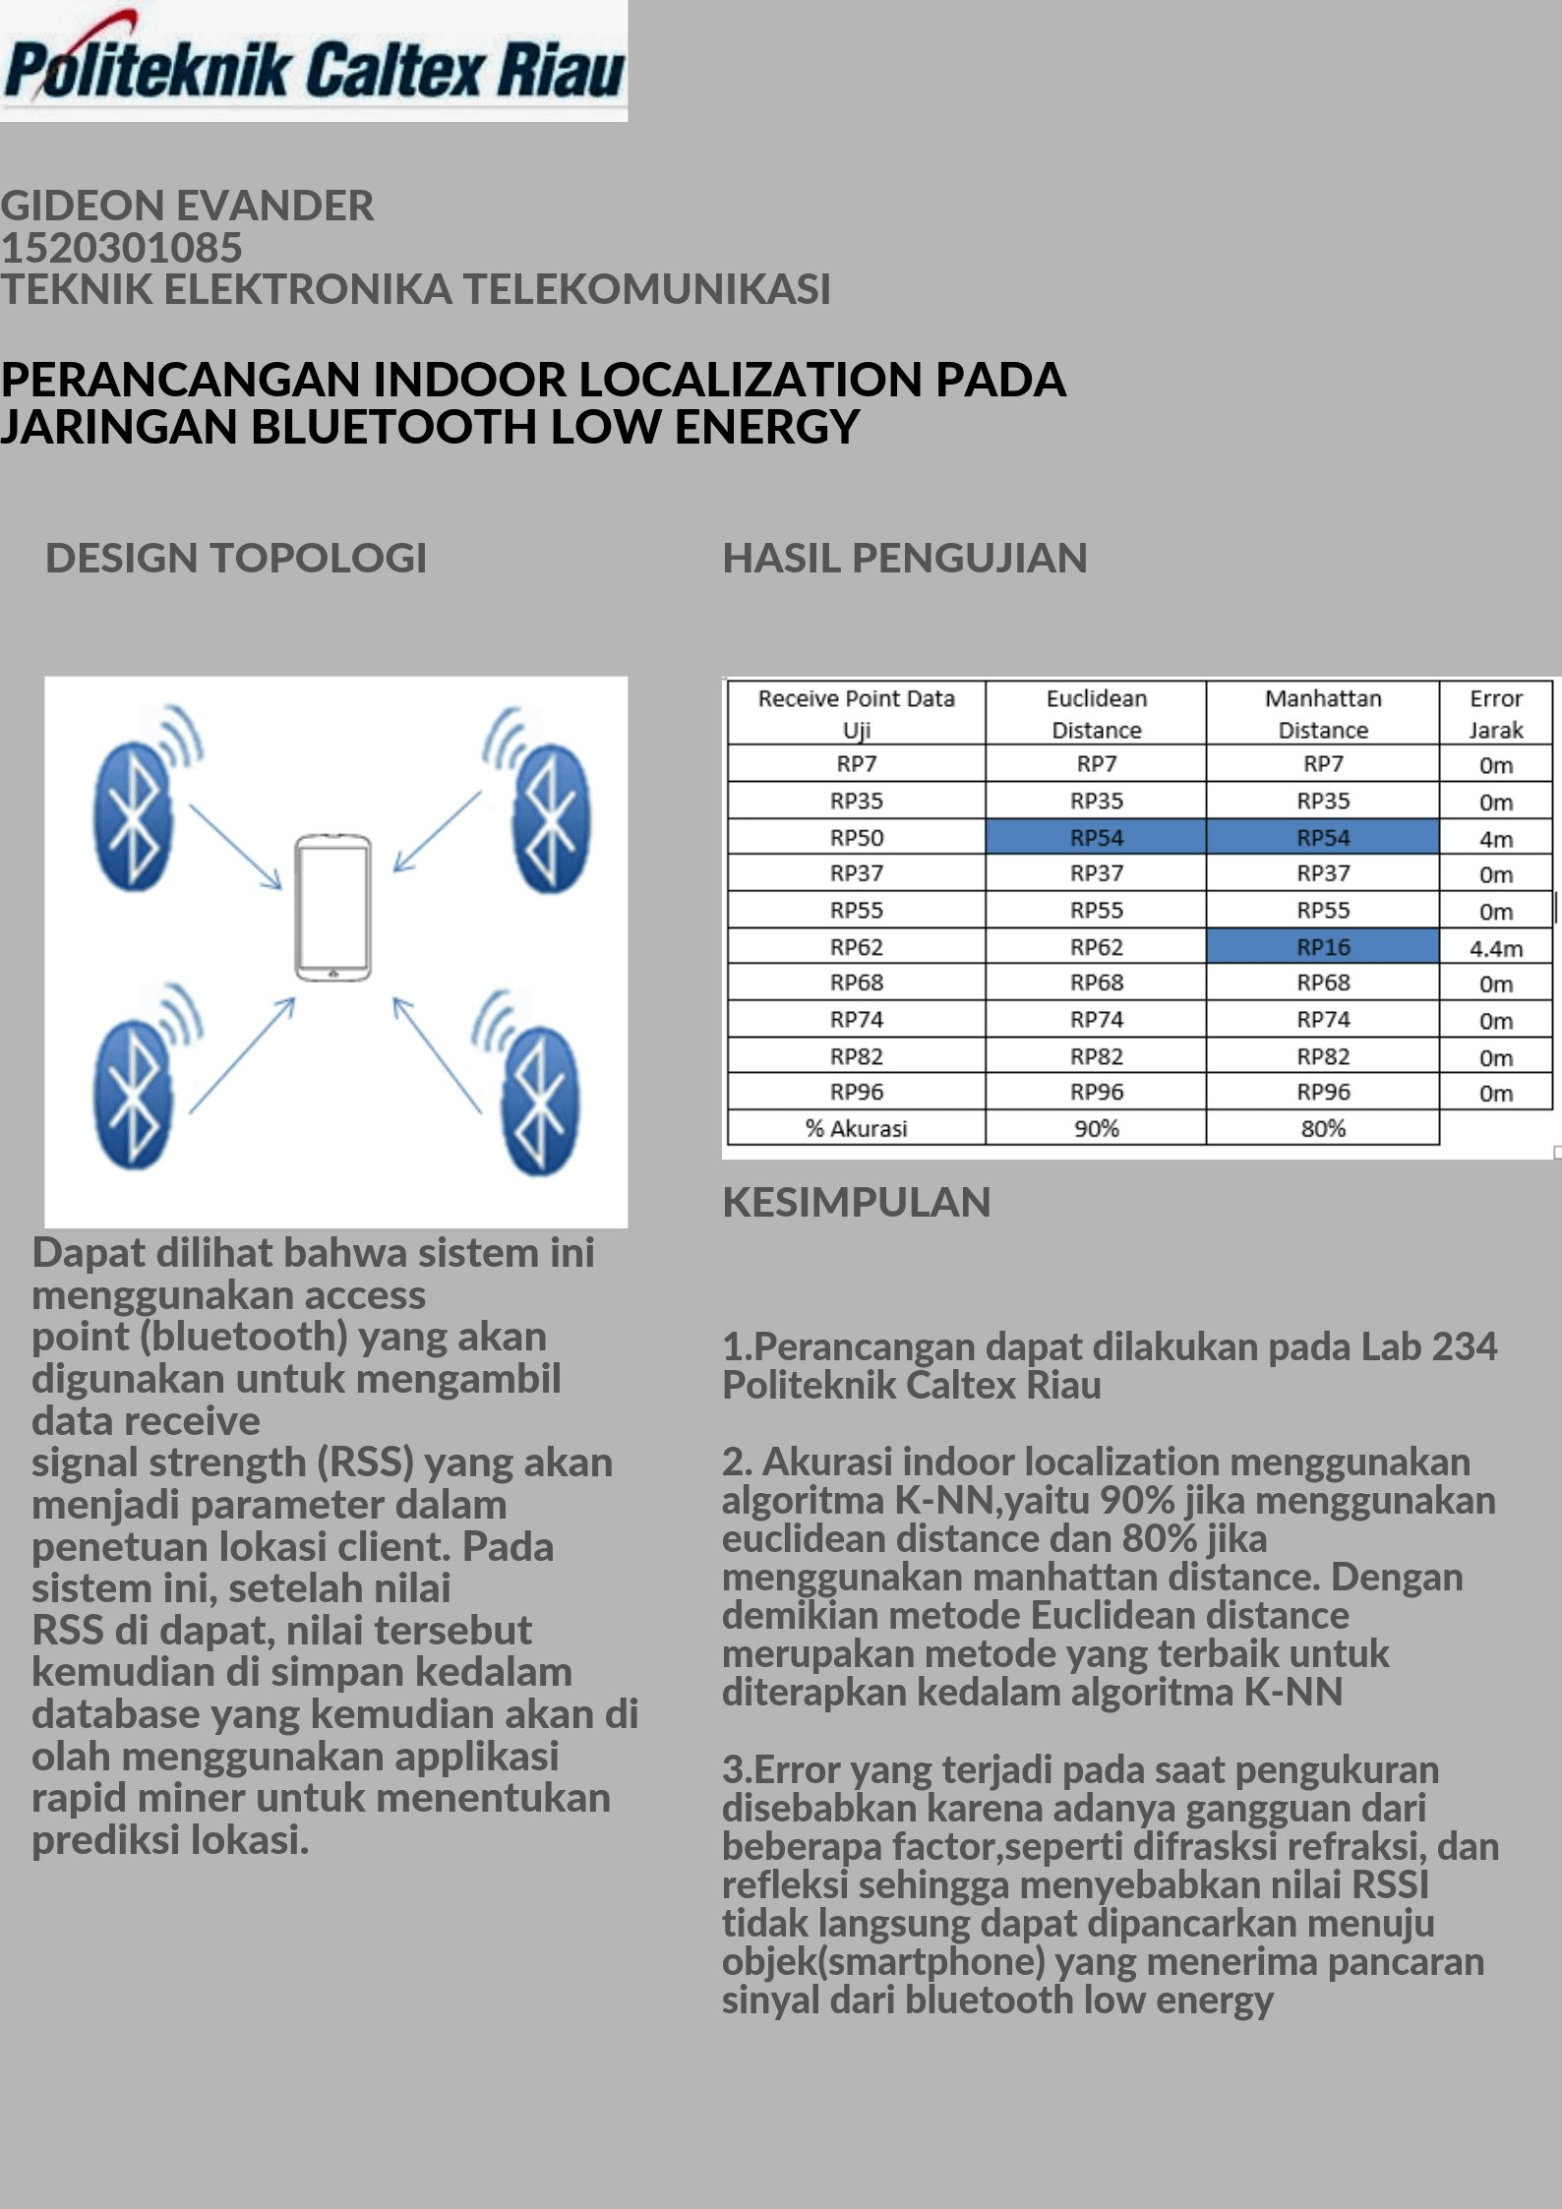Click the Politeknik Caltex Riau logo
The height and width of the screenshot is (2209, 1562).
click(x=313, y=61)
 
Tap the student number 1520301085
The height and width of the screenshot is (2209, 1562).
click(x=121, y=247)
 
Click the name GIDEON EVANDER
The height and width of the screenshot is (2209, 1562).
click(x=187, y=206)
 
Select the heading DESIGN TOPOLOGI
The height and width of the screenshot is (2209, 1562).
click(x=236, y=558)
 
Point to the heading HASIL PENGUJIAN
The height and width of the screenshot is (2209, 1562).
click(x=905, y=558)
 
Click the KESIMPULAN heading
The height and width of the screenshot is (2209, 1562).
click(x=856, y=1202)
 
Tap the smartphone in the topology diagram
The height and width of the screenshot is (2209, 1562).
click(x=333, y=907)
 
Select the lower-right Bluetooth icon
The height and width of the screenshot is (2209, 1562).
click(x=540, y=1097)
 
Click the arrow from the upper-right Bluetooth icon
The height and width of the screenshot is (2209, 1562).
click(x=436, y=832)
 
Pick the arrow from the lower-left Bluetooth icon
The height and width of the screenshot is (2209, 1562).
click(x=242, y=1054)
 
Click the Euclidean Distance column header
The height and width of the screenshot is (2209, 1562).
click(x=1096, y=713)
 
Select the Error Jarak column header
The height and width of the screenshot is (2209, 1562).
click(x=1495, y=713)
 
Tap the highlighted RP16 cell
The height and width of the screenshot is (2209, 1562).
click(x=1322, y=946)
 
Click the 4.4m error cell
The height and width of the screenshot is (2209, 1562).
click(x=1495, y=948)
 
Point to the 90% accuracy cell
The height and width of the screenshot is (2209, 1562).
click(x=1096, y=1128)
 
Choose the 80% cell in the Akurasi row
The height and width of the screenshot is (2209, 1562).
click(x=1322, y=1128)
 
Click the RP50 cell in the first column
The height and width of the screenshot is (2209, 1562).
click(x=856, y=838)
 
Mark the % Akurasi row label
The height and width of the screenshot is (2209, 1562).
click(x=856, y=1128)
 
